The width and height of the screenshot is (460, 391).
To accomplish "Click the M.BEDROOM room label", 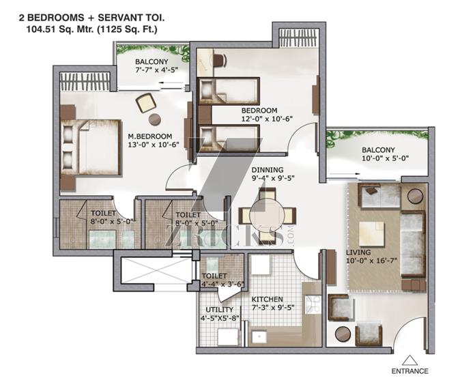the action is [x=150, y=136].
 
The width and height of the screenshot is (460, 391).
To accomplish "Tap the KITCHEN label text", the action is [x=268, y=299].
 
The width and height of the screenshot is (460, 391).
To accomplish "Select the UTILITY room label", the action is [x=220, y=310].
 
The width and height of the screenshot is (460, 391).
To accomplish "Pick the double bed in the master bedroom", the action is [x=91, y=147].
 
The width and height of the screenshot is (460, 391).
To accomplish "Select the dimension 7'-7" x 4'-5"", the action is [x=157, y=70].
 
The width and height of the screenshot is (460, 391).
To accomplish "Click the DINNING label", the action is [x=268, y=170].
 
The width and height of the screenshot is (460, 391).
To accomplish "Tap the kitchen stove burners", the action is [x=313, y=305].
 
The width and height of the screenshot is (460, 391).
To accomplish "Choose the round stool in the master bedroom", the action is [x=155, y=119].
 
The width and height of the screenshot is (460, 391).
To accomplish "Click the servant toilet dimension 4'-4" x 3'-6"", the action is [x=223, y=284].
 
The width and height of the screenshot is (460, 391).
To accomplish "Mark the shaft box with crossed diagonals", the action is [x=157, y=270].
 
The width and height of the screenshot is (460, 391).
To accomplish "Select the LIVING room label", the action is [x=358, y=252].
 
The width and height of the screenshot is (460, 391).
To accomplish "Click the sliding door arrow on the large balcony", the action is [x=344, y=174].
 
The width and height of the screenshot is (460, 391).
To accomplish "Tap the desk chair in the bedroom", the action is [x=220, y=60].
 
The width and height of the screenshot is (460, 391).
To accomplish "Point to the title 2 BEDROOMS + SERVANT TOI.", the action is [x=92, y=18].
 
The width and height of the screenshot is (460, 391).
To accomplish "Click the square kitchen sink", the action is [x=259, y=337].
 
